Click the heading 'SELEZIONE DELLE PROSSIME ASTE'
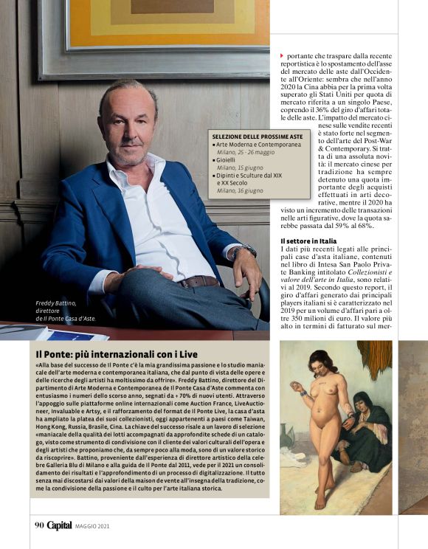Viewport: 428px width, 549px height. tap(257, 137)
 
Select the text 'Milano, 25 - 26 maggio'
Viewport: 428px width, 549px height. tap(246, 153)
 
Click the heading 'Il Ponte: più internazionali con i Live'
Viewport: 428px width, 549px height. tap(116, 354)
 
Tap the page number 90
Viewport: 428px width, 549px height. tap(39, 526)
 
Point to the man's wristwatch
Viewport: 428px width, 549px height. tap(241, 252)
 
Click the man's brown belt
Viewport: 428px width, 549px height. tap(198, 281)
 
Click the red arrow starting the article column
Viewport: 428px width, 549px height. tap(282, 56)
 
